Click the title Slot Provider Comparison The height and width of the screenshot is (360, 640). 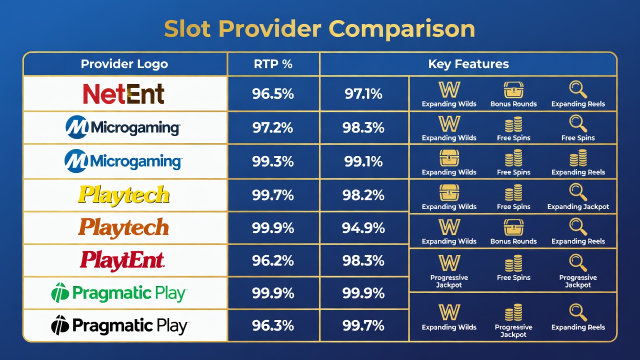point(319,29)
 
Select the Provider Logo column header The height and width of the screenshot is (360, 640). point(124,64)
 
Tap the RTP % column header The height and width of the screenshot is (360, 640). point(273,64)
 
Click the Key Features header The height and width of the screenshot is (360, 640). point(468,64)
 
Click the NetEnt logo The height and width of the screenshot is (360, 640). point(123,93)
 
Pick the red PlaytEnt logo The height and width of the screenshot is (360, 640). point(122,260)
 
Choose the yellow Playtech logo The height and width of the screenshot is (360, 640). point(123,195)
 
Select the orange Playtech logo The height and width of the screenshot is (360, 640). point(123,227)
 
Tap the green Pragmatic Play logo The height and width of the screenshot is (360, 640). point(119,293)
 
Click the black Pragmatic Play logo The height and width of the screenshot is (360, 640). point(119,325)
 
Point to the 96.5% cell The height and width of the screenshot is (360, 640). point(273,93)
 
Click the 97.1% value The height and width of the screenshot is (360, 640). point(363,93)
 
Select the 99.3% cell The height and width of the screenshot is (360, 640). point(273,161)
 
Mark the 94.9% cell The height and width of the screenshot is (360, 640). point(363,228)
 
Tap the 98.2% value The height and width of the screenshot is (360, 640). point(363,195)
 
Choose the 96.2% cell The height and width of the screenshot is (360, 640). point(273,260)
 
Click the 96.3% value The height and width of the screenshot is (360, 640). point(273,325)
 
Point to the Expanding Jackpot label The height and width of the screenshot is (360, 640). point(578,207)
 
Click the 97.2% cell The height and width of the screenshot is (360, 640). point(273,127)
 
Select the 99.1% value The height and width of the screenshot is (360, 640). point(363,161)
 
